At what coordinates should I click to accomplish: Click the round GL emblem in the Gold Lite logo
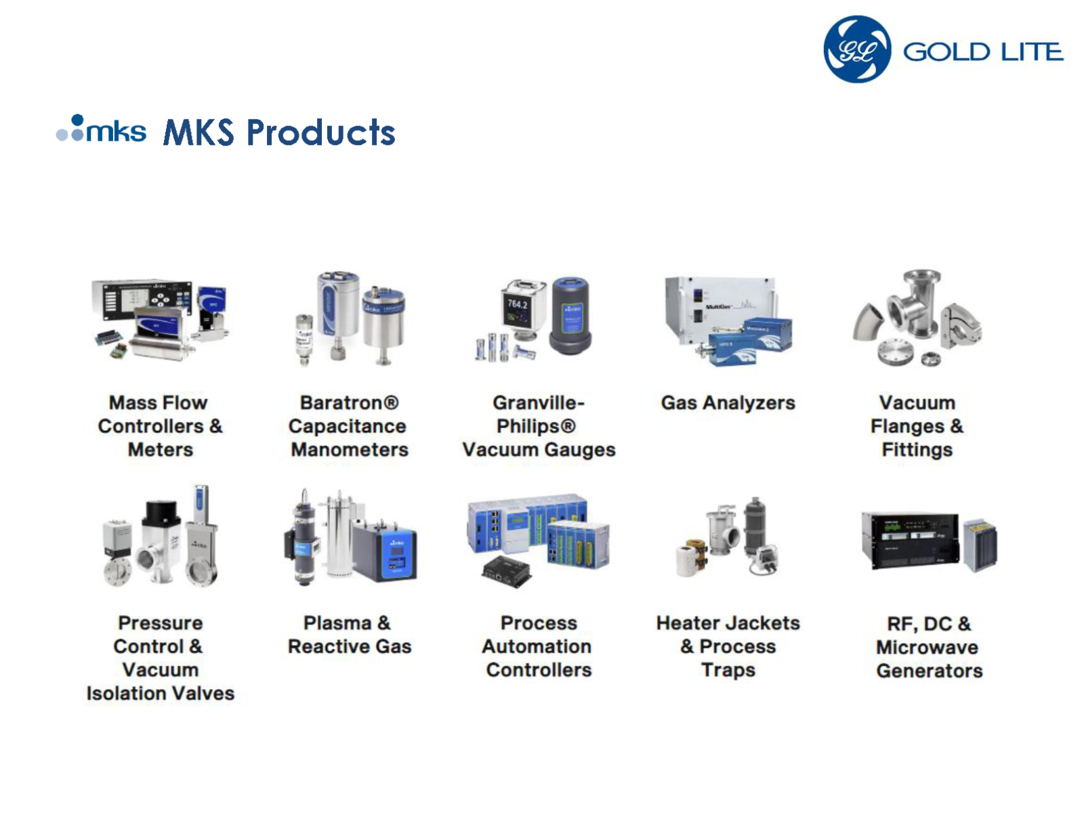click(x=857, y=49)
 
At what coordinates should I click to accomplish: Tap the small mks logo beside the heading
click(x=101, y=128)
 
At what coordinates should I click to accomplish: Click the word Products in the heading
click(x=320, y=132)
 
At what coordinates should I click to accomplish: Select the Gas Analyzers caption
click(x=728, y=403)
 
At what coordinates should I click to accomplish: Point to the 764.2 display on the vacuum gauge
click(x=517, y=304)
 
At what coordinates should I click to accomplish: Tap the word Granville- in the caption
click(x=539, y=402)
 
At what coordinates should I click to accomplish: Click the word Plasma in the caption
click(x=337, y=623)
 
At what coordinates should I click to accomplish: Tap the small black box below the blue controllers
click(x=507, y=572)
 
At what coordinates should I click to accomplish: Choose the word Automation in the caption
click(x=537, y=646)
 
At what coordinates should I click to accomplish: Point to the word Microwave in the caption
click(x=927, y=646)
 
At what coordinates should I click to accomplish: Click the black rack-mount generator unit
click(x=911, y=541)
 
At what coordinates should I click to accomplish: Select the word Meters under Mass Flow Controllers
click(x=161, y=449)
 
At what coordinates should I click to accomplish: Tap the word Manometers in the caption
click(x=350, y=449)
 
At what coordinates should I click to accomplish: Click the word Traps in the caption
click(x=728, y=670)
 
